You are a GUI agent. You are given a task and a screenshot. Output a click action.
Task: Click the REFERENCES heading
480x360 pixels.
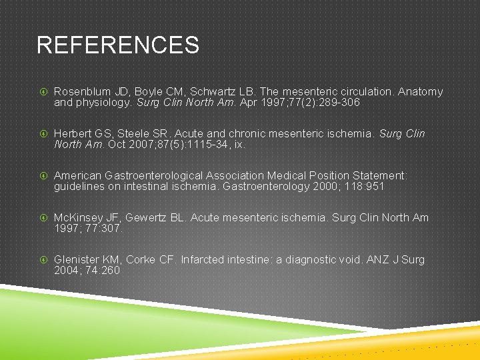pyautogui.click(x=117, y=45)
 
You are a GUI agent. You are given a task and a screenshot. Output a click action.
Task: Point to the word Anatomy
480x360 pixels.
pyautogui.click(x=420, y=92)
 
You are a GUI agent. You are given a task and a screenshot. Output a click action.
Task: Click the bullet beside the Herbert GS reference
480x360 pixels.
pyautogui.click(x=43, y=134)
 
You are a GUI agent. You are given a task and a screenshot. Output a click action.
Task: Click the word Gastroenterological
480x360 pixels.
pyautogui.click(x=153, y=176)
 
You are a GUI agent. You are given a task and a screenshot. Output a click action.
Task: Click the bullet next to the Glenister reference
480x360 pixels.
pyautogui.click(x=43, y=260)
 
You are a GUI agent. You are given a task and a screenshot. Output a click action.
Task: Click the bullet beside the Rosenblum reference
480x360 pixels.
pyautogui.click(x=43, y=92)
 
